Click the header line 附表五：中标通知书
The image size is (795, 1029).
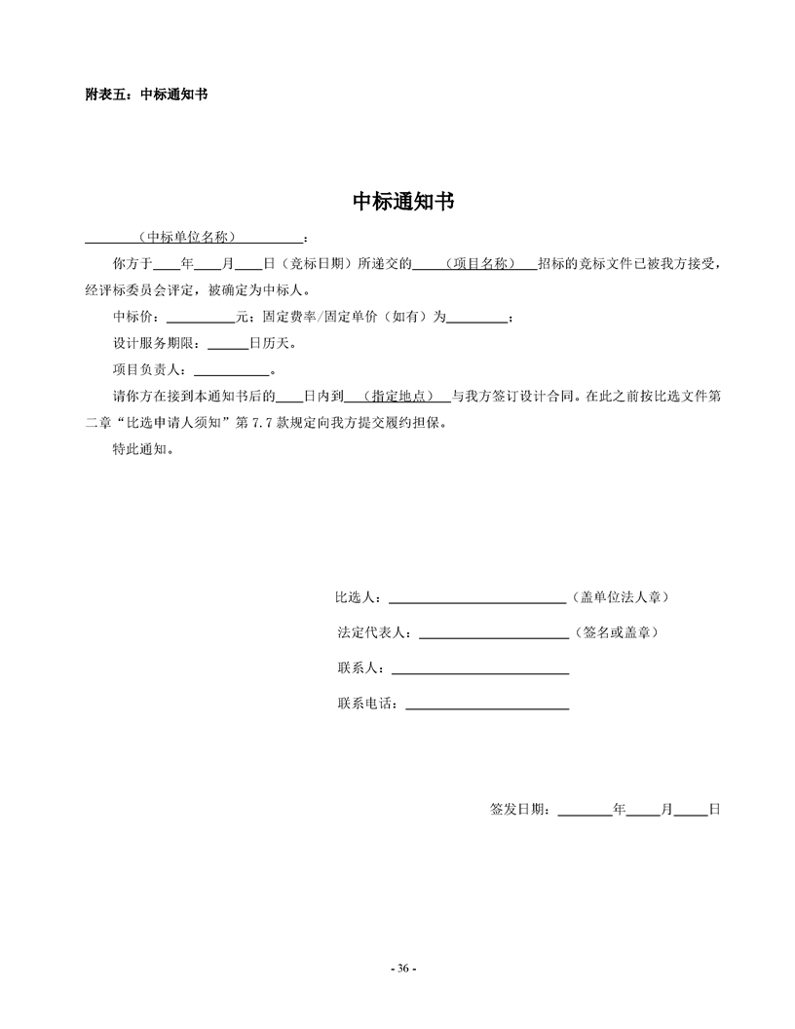pyautogui.click(x=146, y=95)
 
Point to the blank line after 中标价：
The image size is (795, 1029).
pyautogui.click(x=201, y=318)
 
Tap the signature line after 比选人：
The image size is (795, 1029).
pyautogui.click(x=477, y=597)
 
